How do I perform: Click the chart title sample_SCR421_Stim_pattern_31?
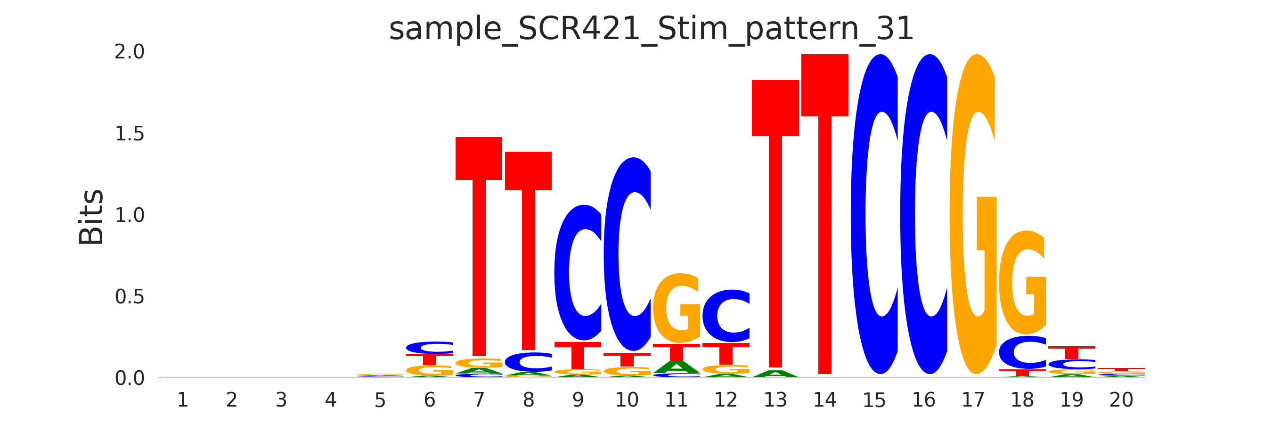651,29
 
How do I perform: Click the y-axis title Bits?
91,217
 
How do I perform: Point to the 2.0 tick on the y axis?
130,52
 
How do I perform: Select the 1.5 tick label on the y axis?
130,134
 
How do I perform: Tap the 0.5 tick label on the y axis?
130,297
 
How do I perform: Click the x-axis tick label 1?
182,400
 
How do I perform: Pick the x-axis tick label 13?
775,400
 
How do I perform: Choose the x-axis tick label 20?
1121,400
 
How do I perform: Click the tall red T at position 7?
479,247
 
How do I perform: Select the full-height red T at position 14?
824,212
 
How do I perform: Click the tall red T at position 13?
775,222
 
